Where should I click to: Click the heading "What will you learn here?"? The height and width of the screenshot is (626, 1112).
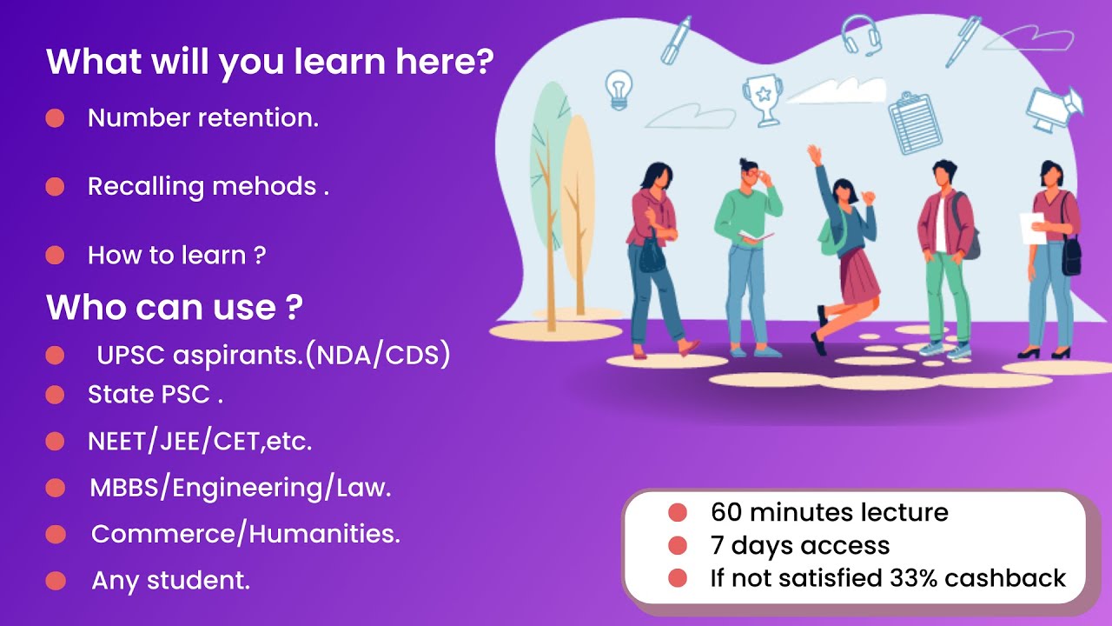pyautogui.click(x=270, y=63)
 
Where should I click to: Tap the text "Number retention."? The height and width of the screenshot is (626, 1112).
pyautogui.click(x=203, y=118)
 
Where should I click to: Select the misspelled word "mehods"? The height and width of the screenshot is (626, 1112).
pyautogui.click(x=264, y=187)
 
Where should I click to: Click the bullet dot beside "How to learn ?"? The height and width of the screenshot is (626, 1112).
pyautogui.click(x=55, y=256)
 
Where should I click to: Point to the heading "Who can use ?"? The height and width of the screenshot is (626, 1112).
pyautogui.click(x=174, y=307)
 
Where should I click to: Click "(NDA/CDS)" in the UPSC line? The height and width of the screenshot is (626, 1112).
pyautogui.click(x=377, y=356)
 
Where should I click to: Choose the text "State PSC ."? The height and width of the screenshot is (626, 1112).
pyautogui.click(x=156, y=395)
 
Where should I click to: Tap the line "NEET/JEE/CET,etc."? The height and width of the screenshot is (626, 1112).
pyautogui.click(x=200, y=442)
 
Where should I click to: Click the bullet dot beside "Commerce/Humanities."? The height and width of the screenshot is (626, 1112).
pyautogui.click(x=56, y=534)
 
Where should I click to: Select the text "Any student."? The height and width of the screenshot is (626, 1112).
pyautogui.click(x=171, y=581)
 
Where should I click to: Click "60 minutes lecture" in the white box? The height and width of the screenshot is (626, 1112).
pyautogui.click(x=829, y=513)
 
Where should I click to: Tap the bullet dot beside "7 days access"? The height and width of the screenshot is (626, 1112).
pyautogui.click(x=678, y=546)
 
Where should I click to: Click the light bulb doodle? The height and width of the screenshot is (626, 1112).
pyautogui.click(x=619, y=88)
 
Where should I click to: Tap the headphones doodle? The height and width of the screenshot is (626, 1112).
pyautogui.click(x=860, y=35)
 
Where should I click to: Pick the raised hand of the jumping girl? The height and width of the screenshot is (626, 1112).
pyautogui.click(x=814, y=154)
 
